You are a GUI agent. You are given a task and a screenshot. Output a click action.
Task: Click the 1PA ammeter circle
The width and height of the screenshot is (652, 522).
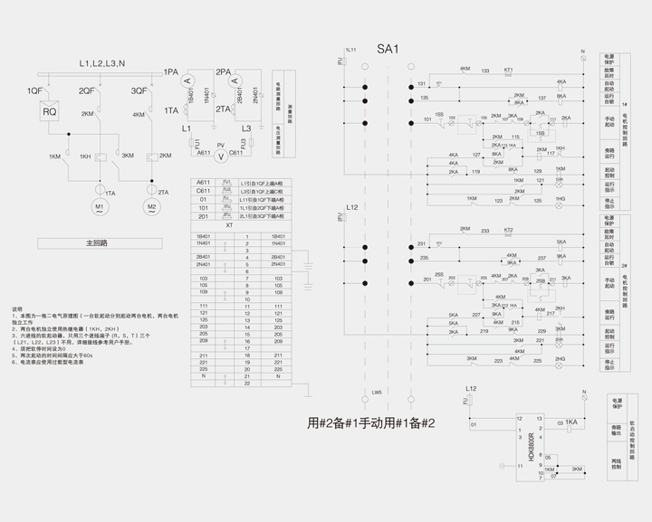click(189, 81)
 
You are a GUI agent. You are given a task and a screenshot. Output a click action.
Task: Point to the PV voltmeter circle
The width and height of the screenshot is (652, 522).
click(221, 156)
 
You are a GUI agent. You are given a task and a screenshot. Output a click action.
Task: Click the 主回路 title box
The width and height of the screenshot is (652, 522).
click(97, 243)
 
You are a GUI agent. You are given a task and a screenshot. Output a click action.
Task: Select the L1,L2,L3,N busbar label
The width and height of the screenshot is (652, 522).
click(101, 63)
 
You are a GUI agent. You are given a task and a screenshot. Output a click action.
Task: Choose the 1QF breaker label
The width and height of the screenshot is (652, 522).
click(34, 91)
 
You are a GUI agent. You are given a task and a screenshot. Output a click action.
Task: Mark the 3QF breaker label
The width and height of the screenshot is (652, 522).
click(139, 91)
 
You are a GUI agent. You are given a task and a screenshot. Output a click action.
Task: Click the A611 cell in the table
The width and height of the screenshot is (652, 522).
click(204, 182)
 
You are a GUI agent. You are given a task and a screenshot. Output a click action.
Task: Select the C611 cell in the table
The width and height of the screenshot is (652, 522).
click(204, 191)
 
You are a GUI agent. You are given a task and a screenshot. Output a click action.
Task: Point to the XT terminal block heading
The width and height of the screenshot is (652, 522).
click(229, 226)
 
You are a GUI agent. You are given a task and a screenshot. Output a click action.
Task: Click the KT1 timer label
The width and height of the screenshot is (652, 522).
click(508, 70)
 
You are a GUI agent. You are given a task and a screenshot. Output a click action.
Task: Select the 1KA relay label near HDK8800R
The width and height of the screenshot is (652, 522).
click(570, 422)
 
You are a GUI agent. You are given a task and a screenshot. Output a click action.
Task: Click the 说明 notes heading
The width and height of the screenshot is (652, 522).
click(16, 308)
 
